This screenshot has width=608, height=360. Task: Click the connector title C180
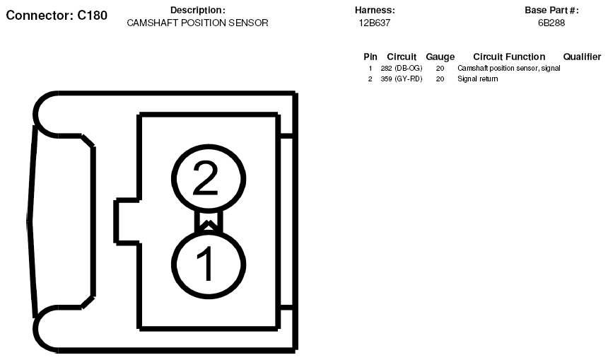pyautogui.click(x=57, y=15)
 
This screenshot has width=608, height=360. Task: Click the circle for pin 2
pyautogui.click(x=209, y=146)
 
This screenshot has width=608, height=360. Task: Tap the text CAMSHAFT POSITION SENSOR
pyautogui.click(x=197, y=23)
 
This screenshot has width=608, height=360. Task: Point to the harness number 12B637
pyautogui.click(x=375, y=23)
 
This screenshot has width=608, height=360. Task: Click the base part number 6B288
pyautogui.click(x=551, y=23)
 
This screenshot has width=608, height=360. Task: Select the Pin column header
pyautogui.click(x=370, y=57)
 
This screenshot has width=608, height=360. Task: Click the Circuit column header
pyautogui.click(x=402, y=57)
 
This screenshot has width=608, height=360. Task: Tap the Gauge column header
pyautogui.click(x=440, y=57)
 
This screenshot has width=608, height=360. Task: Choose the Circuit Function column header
pyautogui.click(x=509, y=57)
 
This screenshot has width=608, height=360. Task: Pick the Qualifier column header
pyautogui.click(x=582, y=57)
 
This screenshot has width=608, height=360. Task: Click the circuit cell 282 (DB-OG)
pyautogui.click(x=402, y=69)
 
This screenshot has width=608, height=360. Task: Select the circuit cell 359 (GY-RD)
pyautogui.click(x=402, y=79)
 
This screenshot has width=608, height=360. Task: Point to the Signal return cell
pyautogui.click(x=478, y=79)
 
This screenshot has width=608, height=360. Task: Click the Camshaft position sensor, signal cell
pyautogui.click(x=509, y=69)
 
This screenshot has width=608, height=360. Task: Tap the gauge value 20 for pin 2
pyautogui.click(x=440, y=79)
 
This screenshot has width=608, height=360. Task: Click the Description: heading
pyautogui.click(x=198, y=10)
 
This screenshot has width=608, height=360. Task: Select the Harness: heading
pyautogui.click(x=375, y=10)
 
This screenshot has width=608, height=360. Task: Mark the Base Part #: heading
pyautogui.click(x=551, y=10)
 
